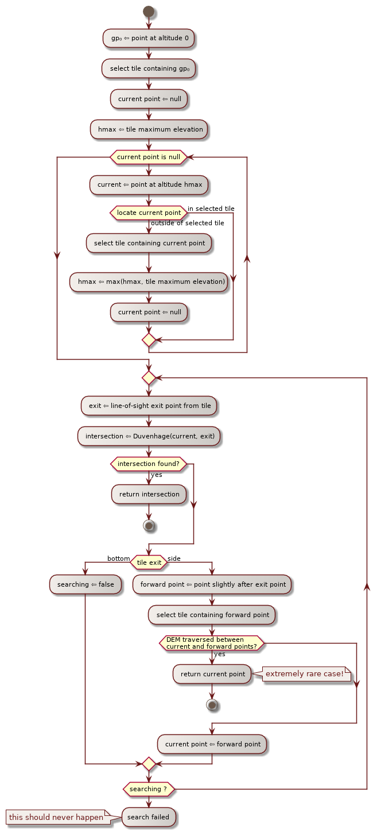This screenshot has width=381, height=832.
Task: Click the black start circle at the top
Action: pyautogui.click(x=149, y=11)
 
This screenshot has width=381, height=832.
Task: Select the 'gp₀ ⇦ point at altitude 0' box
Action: pyautogui.click(x=149, y=38)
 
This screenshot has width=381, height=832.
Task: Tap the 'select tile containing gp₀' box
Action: pyautogui.click(x=149, y=69)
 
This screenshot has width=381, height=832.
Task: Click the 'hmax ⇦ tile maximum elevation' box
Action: pyautogui.click(x=149, y=129)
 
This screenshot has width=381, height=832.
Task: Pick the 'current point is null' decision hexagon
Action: pyautogui.click(x=149, y=157)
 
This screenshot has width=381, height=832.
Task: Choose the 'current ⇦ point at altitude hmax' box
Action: pyautogui.click(x=149, y=184)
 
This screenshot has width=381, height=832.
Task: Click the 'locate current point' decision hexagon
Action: pyautogui.click(x=149, y=213)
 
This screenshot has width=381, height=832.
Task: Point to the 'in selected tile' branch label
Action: pyautogui.click(x=211, y=209)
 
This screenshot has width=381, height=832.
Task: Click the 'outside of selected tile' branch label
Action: pyautogui.click(x=187, y=223)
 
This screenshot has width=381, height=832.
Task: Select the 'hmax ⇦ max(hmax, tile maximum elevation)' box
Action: pyautogui.click(x=149, y=282)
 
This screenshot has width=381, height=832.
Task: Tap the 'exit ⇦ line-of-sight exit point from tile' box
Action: pyautogui.click(x=149, y=406)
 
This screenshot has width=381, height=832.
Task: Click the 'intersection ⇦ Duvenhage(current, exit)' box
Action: pyautogui.click(x=149, y=436)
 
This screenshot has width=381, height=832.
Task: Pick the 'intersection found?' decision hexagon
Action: pyautogui.click(x=149, y=464)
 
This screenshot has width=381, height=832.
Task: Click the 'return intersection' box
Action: pyautogui.click(x=149, y=494)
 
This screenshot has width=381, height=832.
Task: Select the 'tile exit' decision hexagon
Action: pyautogui.click(x=149, y=563)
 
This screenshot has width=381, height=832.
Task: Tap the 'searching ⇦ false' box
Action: pyautogui.click(x=85, y=584)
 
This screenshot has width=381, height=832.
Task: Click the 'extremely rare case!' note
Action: pyautogui.click(x=305, y=674)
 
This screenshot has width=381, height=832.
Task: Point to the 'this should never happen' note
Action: pyautogui.click(x=56, y=817)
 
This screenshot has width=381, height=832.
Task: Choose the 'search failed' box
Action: pyautogui.click(x=148, y=817)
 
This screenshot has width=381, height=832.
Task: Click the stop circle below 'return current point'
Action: pyautogui.click(x=212, y=704)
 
